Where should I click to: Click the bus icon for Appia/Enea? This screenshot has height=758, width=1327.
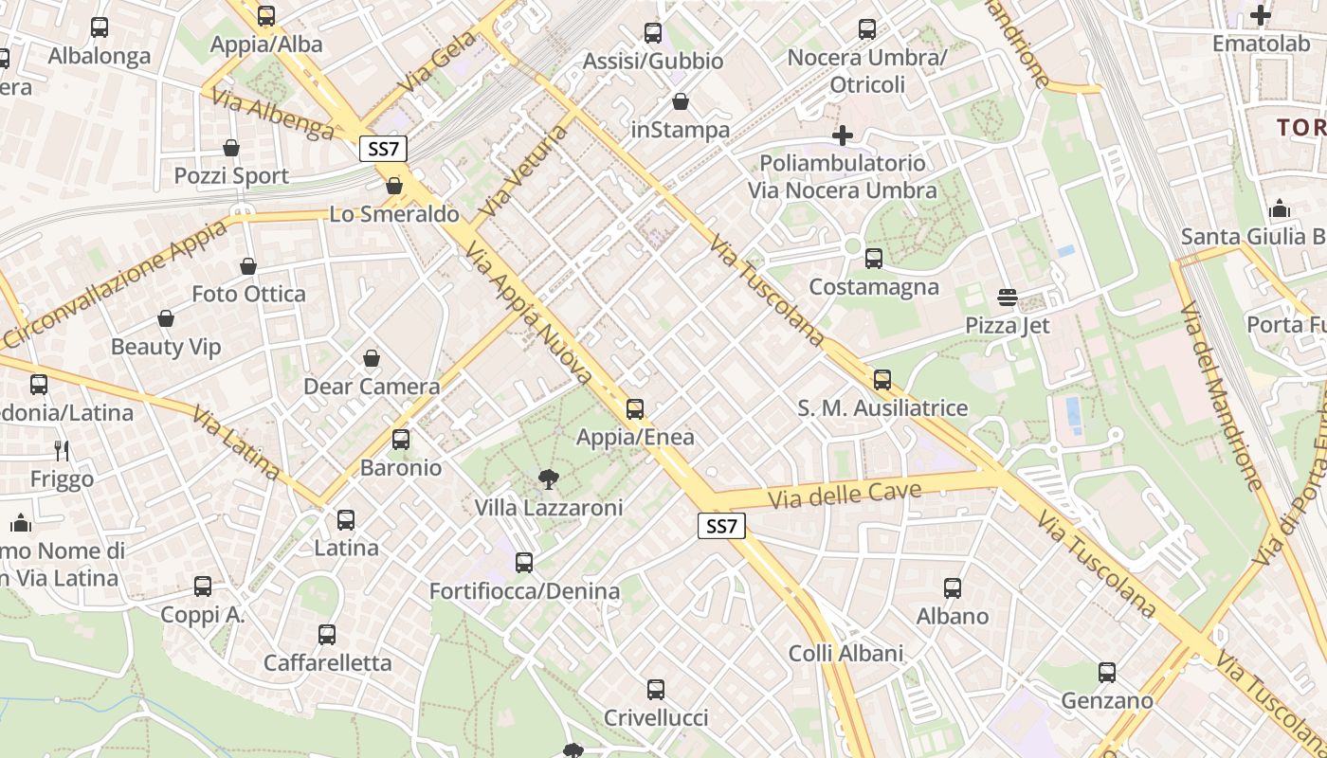[x=635, y=409]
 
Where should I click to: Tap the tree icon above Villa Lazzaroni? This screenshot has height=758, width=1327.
[x=548, y=479]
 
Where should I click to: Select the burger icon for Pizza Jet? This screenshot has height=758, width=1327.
[x=1007, y=298]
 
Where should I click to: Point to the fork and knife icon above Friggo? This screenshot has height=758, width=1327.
[x=63, y=450]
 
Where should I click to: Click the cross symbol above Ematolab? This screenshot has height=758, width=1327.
[x=1260, y=15]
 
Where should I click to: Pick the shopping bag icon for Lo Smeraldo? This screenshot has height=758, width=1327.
[x=394, y=186]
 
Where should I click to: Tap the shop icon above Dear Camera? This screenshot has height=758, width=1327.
[x=372, y=358]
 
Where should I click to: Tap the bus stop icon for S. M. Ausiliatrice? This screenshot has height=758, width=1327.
[x=882, y=380]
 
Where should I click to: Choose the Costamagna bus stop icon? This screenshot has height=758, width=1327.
[x=873, y=258]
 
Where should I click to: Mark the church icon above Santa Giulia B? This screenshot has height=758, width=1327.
[x=1279, y=208]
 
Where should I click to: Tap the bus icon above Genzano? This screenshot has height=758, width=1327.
[x=1106, y=673]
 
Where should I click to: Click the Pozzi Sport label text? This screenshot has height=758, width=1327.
[x=231, y=176]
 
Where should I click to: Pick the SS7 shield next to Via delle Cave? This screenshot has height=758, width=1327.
[x=721, y=527]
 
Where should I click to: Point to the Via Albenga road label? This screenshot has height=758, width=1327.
[x=273, y=114]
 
